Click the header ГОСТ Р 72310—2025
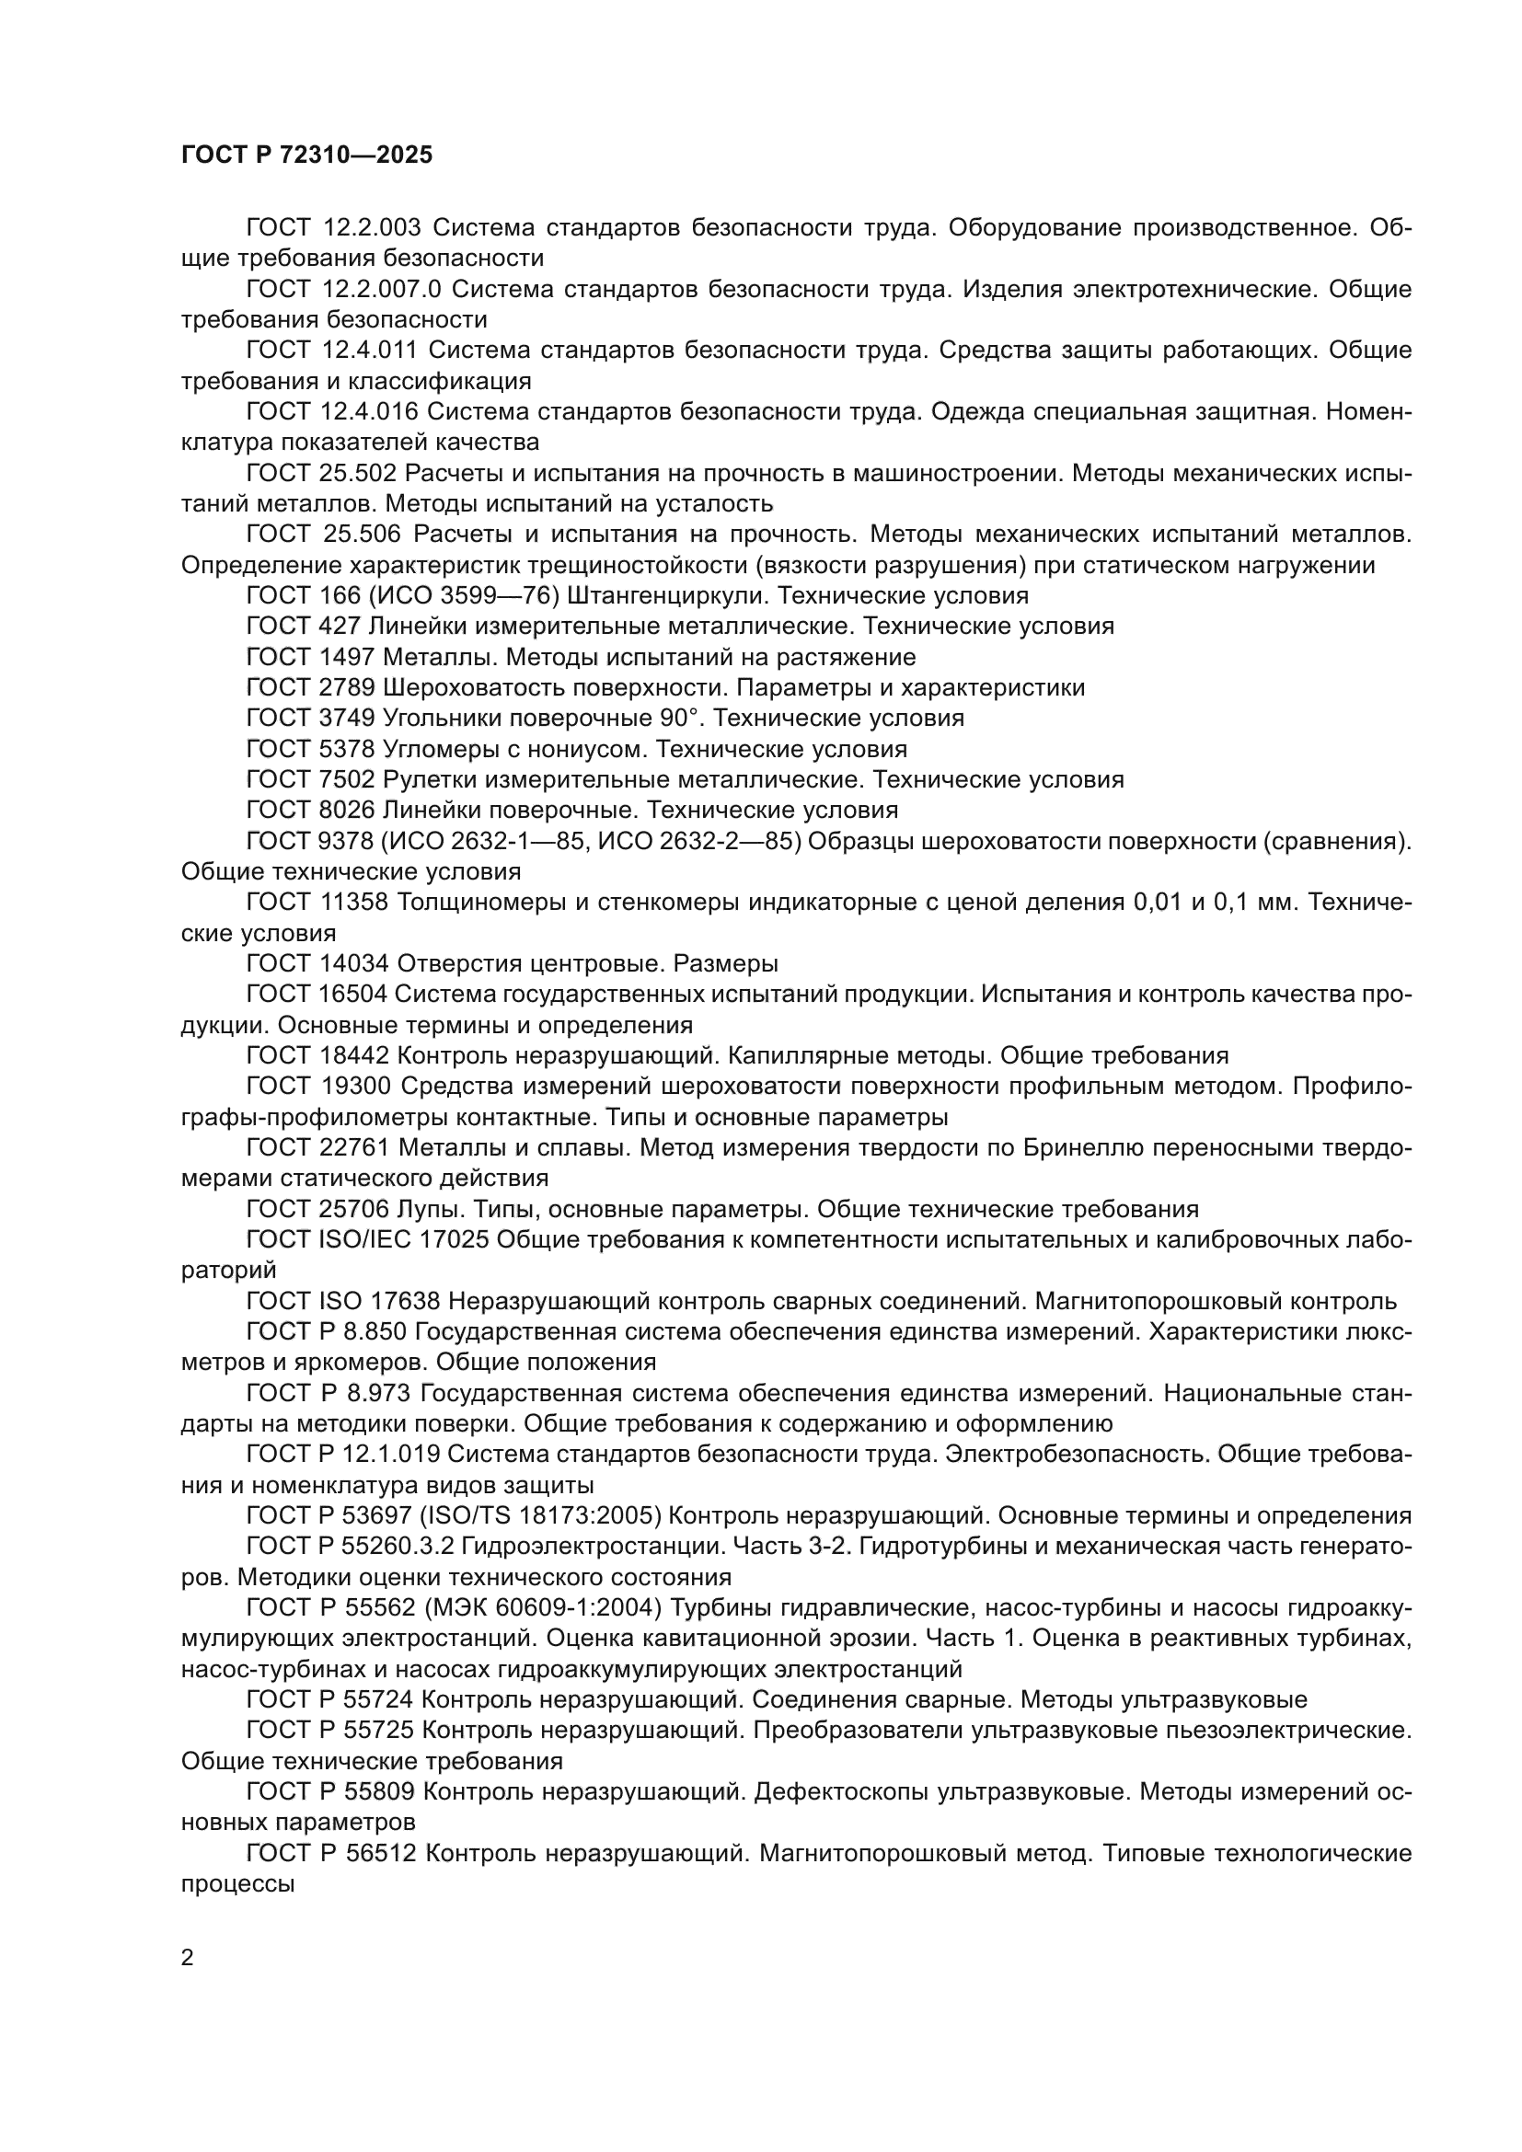tap(306, 155)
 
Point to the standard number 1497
tap(346, 657)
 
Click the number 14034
tap(359, 964)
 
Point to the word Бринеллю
tap(1083, 1148)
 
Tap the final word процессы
tap(238, 1885)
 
